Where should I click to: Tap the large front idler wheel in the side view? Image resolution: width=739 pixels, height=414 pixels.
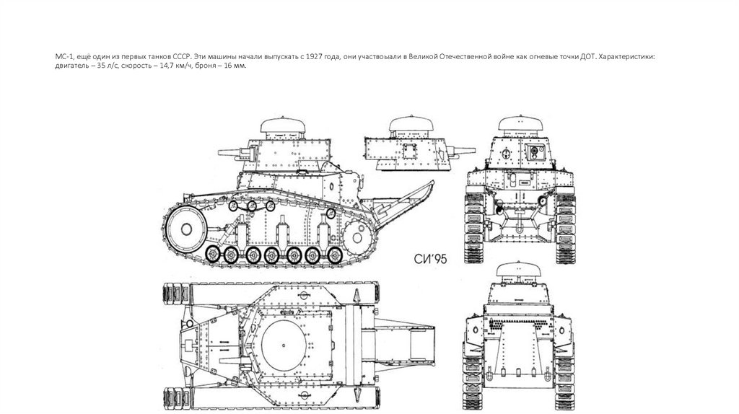[x=184, y=229]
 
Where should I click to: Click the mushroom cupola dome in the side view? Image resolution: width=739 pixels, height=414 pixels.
[x=280, y=128]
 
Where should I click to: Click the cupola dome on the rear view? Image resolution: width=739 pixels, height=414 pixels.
[x=520, y=270]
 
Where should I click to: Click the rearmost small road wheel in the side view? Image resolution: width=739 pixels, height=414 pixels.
[x=333, y=255]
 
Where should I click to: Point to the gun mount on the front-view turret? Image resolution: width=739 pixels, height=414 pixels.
[x=535, y=151]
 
